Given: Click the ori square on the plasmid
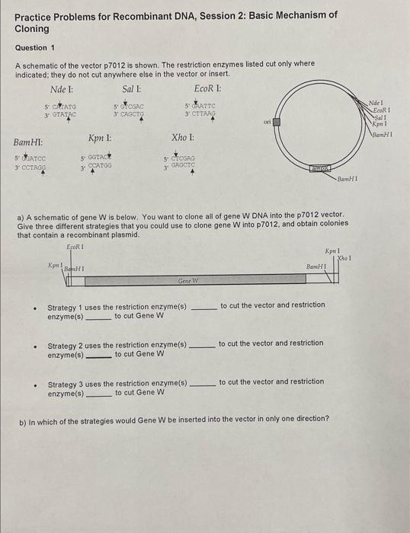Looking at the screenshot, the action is [278, 121].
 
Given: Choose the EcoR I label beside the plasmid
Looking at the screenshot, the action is [378, 109].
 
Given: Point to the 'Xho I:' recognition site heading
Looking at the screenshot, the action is [184, 138].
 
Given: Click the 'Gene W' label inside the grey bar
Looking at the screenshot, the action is [188, 281].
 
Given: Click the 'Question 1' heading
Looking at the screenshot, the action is [35, 47].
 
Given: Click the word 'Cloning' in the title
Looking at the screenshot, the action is [32, 28].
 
